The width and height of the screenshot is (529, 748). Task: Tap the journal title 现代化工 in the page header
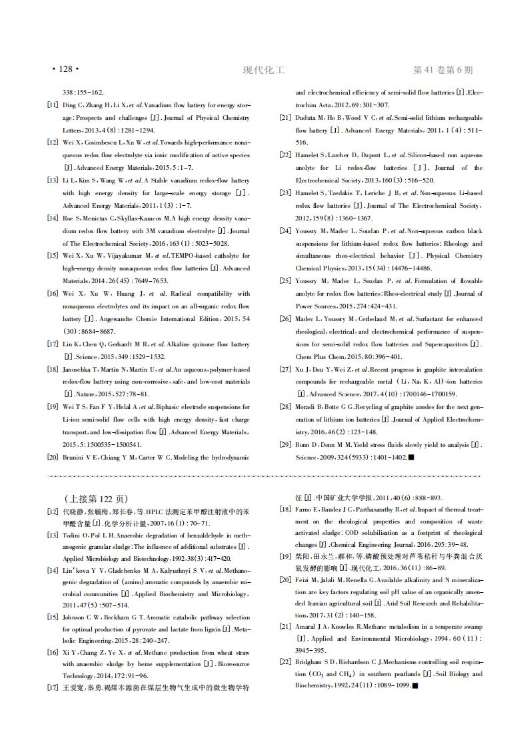[264, 70]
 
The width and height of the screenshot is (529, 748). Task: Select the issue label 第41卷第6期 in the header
[443, 70]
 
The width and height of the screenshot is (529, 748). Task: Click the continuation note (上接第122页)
[97, 499]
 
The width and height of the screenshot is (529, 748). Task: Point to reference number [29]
[285, 444]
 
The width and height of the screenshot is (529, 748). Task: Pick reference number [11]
[52, 105]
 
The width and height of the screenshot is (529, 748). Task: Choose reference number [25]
[285, 281]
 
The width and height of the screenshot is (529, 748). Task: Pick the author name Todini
[72, 535]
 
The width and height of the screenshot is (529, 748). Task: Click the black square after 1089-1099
[415, 685]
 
